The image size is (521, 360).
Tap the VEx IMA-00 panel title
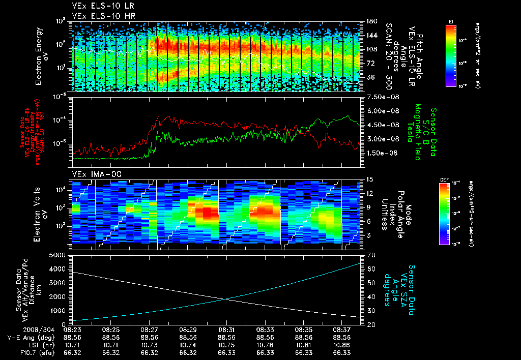(x=92, y=174)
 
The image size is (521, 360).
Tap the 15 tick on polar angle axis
(x=369, y=179)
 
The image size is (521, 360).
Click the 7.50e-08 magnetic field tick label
(x=381, y=97)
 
